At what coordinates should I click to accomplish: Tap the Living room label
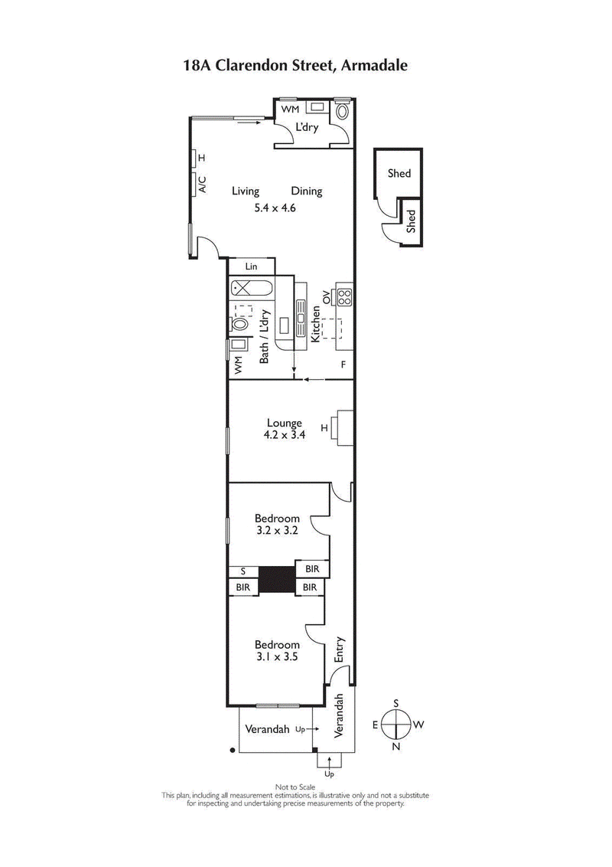[246, 191]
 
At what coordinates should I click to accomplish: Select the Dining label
[306, 191]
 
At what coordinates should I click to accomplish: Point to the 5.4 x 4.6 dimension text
[275, 208]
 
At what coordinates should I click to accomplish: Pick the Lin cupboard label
[251, 267]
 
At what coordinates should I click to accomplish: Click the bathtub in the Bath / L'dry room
[252, 290]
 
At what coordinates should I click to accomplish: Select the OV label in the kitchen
[325, 296]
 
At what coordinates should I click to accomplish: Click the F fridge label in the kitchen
[343, 364]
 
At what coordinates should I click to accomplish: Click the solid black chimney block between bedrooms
[277, 579]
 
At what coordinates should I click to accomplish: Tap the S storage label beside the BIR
[243, 571]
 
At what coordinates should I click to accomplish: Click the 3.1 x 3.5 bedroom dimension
[277, 656]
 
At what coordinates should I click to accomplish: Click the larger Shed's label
[399, 174]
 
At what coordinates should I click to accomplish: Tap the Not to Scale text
[295, 787]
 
